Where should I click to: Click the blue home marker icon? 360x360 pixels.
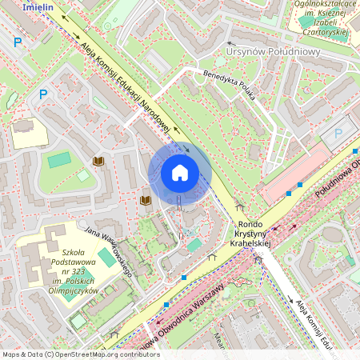coord(179,173)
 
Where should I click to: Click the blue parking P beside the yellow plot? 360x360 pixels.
coord(43,94)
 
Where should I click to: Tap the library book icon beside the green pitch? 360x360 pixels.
coord(98,162)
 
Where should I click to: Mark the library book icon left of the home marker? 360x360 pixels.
coord(146,200)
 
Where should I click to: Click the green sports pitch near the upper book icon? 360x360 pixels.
coord(59,159)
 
